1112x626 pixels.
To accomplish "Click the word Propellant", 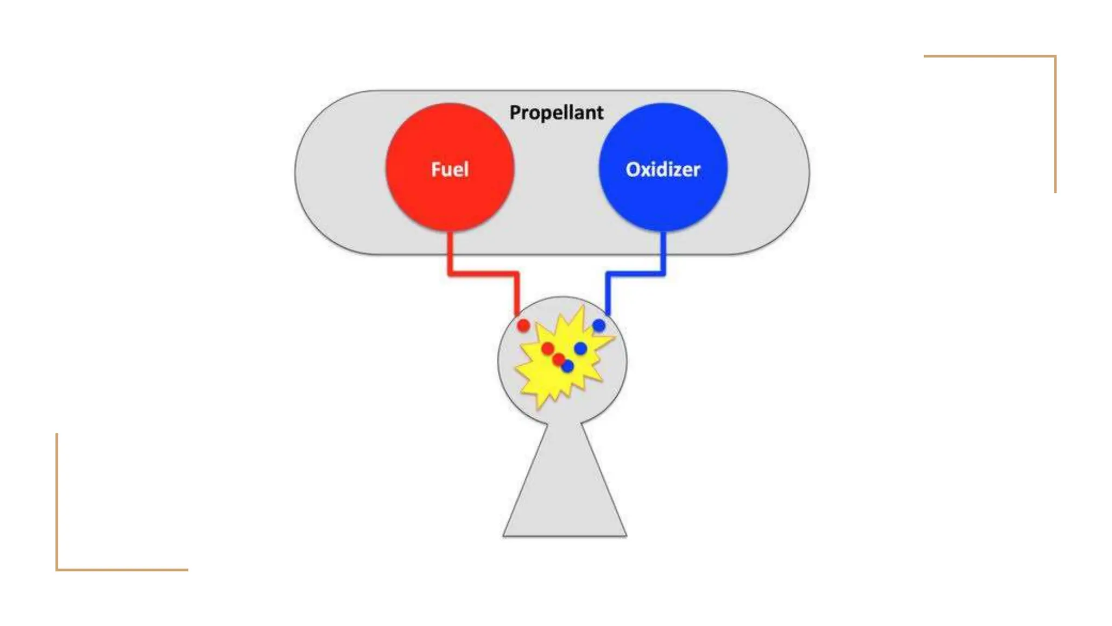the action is click(556, 112).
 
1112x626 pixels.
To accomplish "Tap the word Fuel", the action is click(450, 170).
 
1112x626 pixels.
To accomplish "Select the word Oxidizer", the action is click(663, 170).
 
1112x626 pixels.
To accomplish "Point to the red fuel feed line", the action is click(483, 273).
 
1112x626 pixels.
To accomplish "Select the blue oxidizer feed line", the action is click(635, 273).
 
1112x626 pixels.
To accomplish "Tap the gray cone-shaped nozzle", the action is click(565, 489).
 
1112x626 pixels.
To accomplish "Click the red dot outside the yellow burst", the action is click(523, 326).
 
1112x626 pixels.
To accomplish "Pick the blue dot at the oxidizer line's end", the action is click(599, 325).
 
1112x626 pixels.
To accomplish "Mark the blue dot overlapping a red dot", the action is click(568, 367).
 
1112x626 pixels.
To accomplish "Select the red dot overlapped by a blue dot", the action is click(558, 359).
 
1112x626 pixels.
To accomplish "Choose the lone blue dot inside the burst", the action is click(580, 348).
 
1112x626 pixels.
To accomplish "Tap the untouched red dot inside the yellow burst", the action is click(547, 348).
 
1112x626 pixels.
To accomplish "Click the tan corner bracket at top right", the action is click(1054, 57).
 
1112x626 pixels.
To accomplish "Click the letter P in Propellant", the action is click(515, 112).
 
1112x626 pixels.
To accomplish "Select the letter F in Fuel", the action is click(435, 170).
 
